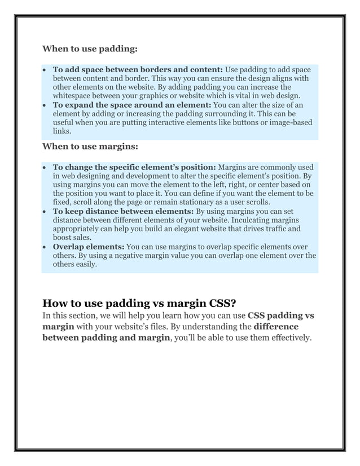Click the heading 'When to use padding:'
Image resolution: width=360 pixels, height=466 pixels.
pos(90,49)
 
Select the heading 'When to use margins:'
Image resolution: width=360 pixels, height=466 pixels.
pos(90,146)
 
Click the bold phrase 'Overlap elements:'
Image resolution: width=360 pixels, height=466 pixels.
pos(89,247)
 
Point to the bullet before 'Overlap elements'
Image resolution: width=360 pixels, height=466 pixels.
pos(45,247)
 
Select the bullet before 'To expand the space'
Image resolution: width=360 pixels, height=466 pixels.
pos(45,105)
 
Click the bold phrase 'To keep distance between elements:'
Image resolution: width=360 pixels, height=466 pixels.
pos(122,212)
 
